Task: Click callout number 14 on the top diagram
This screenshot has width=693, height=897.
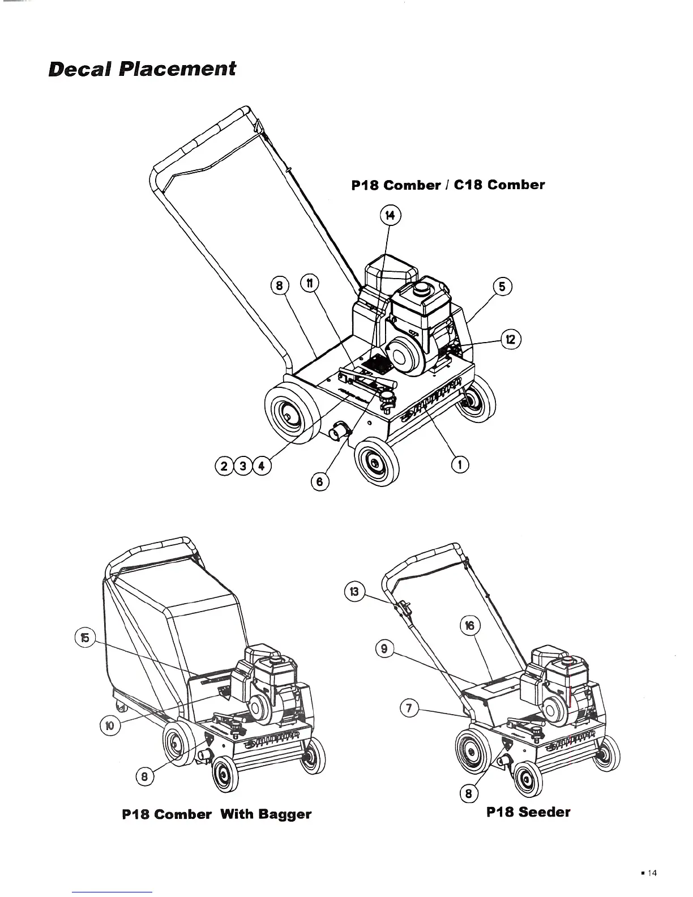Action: tap(390, 215)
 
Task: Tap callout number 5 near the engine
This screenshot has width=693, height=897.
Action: tap(502, 287)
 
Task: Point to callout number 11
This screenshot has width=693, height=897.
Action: tap(309, 283)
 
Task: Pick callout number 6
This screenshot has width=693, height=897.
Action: tap(320, 481)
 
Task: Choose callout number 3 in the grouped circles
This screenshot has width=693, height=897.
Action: tap(243, 466)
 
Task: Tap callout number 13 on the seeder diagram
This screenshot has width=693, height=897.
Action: tap(354, 592)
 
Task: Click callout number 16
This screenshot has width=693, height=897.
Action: tap(470, 625)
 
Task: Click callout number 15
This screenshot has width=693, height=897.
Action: tap(85, 637)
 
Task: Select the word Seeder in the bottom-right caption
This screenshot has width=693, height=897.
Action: tap(544, 812)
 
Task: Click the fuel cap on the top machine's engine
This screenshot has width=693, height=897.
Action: tap(420, 290)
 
